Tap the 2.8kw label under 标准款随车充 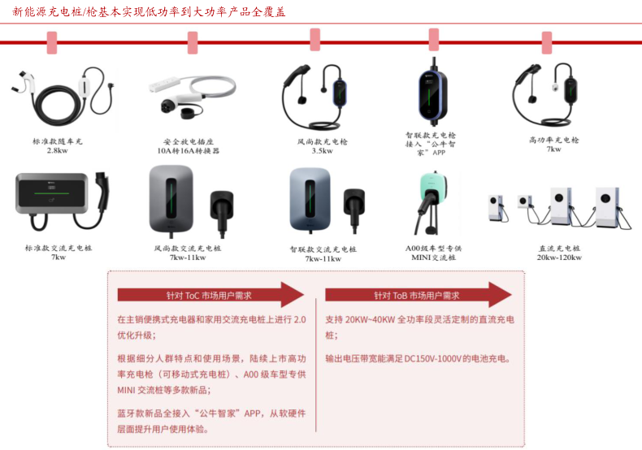pos(58,150)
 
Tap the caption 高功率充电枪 pos(553,140)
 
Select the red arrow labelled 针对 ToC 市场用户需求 pos(210,295)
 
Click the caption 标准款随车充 pos(58,141)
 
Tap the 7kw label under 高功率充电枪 pos(553,149)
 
